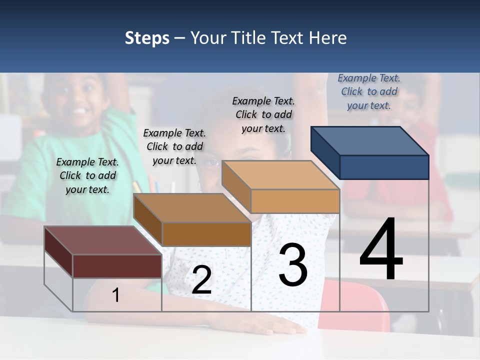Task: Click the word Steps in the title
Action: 147,38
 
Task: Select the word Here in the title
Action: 328,38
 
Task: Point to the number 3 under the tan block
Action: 293,265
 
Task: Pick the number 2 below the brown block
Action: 201,280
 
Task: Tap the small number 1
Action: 116,295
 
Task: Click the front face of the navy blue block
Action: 384,167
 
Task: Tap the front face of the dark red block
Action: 117,266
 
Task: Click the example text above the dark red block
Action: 87,175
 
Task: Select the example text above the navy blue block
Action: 369,91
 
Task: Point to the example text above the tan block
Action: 263,114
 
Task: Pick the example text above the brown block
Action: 174,146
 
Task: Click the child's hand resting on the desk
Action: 280,327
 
